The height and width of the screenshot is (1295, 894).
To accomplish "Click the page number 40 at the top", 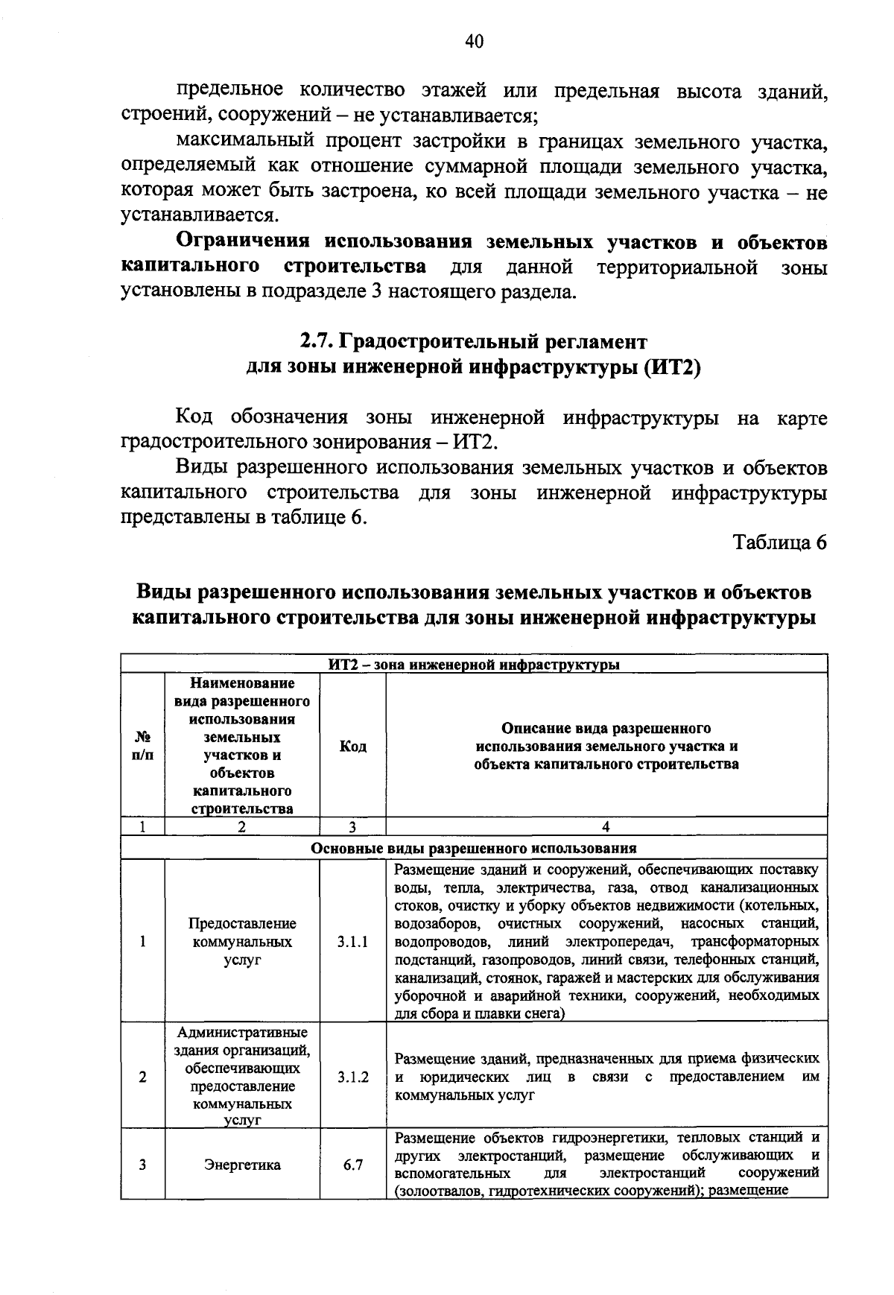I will point(475,42).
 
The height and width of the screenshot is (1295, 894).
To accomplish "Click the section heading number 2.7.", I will point(317,341).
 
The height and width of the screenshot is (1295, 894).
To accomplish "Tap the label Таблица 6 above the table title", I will point(780,542).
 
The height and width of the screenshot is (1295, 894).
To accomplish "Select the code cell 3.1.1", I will point(352,941).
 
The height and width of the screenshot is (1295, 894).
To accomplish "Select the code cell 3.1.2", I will point(352,1077).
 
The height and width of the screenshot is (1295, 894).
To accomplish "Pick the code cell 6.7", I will point(352,1165).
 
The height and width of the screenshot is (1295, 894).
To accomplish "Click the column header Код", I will point(352,746).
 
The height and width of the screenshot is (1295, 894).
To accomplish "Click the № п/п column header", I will point(142,746).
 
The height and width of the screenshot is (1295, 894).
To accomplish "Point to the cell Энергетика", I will point(242,1165).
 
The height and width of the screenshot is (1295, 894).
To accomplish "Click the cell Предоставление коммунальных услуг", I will point(242,942).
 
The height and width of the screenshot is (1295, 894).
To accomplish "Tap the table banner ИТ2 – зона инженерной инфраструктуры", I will point(475,665).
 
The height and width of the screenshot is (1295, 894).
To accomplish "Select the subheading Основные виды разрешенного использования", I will point(474,848).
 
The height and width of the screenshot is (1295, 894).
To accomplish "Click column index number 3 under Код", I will point(352,826).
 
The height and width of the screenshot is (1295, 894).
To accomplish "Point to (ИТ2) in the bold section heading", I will point(672,367).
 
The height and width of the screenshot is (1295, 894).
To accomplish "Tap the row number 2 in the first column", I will point(142,1077).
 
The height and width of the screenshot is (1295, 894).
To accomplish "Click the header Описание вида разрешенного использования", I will point(606,746).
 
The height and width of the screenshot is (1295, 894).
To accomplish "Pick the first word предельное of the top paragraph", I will point(229,91).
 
